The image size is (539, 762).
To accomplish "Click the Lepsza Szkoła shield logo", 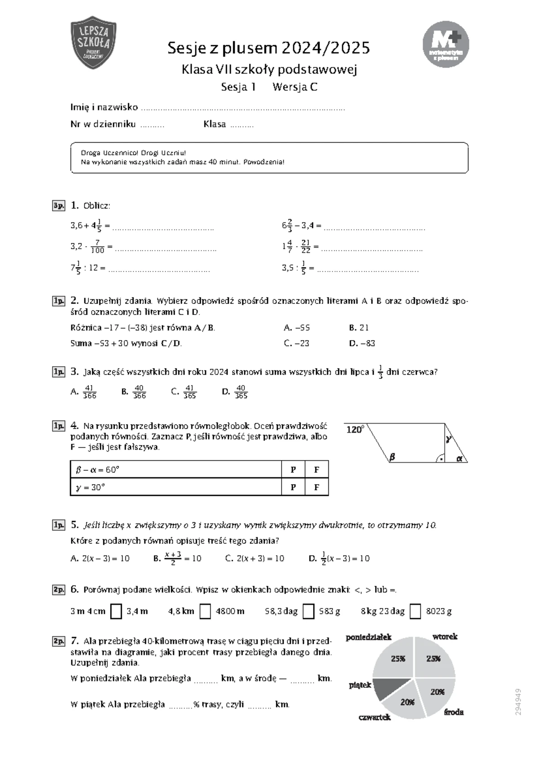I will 93,43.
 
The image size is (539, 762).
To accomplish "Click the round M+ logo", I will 446,44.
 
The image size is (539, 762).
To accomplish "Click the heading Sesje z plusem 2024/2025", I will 269,48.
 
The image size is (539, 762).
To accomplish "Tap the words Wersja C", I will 295,87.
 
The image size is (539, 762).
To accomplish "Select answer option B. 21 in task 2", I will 358,328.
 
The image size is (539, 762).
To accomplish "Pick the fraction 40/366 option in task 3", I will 134,392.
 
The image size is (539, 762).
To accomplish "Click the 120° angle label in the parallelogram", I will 355,430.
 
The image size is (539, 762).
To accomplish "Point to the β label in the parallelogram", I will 392,457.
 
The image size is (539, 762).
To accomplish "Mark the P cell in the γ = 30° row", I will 293,487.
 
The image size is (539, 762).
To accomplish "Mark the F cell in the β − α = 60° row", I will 317,470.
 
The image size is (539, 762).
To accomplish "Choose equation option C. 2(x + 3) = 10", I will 255,559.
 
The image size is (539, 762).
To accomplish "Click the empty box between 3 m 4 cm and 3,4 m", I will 116,611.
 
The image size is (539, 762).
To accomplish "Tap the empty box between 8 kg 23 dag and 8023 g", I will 415,611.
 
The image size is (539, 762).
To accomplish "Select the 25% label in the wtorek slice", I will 433,659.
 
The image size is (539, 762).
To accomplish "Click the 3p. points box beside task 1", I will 58,206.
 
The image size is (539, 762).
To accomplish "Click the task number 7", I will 75,640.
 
